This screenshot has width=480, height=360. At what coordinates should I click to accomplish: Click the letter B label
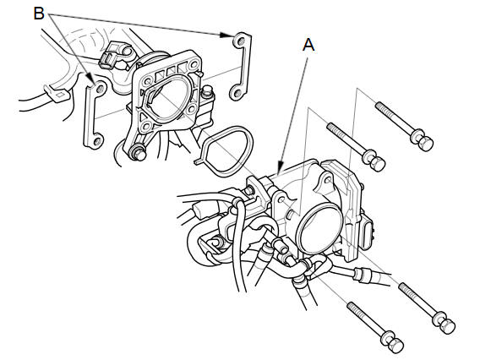coord(39,14)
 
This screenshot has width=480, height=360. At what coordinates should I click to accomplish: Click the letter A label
coord(308,45)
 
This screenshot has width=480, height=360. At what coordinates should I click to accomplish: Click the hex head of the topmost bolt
coord(423,140)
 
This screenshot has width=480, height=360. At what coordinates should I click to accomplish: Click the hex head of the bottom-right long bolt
coord(445,324)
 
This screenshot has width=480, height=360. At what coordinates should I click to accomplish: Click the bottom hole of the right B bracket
coord(236,92)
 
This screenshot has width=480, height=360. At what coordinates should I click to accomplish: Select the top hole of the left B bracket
coord(100,89)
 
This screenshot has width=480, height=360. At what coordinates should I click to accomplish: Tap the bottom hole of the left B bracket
coord(96,141)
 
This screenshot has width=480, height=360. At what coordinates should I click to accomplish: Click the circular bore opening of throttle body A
coord(320,230)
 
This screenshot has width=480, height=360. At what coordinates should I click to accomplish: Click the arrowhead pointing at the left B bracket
coord(90,78)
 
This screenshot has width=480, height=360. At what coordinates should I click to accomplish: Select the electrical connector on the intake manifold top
coord(114,56)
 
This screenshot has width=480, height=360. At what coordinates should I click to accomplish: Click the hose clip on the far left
coord(57,93)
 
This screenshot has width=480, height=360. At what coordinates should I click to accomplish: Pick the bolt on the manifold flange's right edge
coord(207,91)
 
